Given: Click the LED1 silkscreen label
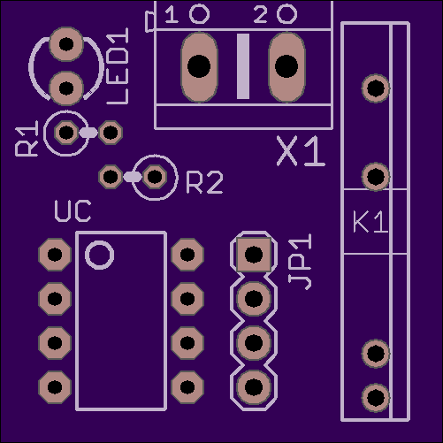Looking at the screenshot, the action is click(x=118, y=66).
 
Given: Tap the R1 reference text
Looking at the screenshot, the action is click(x=27, y=138).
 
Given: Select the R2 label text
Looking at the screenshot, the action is click(x=204, y=183).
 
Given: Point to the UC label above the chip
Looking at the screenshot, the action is click(x=73, y=211).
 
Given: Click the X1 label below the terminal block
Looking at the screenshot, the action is click(x=301, y=151).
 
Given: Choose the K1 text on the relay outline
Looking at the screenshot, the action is click(x=370, y=222).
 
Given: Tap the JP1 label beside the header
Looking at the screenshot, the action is click(x=300, y=262).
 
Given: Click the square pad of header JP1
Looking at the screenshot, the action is click(x=254, y=255).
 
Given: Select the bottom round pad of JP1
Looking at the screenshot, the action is click(x=254, y=387).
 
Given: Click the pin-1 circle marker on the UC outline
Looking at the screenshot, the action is click(x=100, y=255).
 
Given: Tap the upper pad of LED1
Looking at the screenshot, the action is click(x=66, y=44).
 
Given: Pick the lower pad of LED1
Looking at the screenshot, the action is click(x=66, y=88).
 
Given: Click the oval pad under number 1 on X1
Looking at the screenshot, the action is click(x=199, y=67).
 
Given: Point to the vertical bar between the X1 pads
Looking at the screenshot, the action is click(x=243, y=66).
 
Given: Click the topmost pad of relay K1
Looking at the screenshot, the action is click(x=376, y=88).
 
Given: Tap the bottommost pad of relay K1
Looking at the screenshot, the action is click(x=376, y=398).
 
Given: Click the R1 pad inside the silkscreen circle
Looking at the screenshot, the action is click(x=66, y=133).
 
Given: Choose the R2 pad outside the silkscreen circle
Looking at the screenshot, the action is click(x=111, y=177).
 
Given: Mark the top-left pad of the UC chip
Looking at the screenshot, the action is click(x=55, y=255).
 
